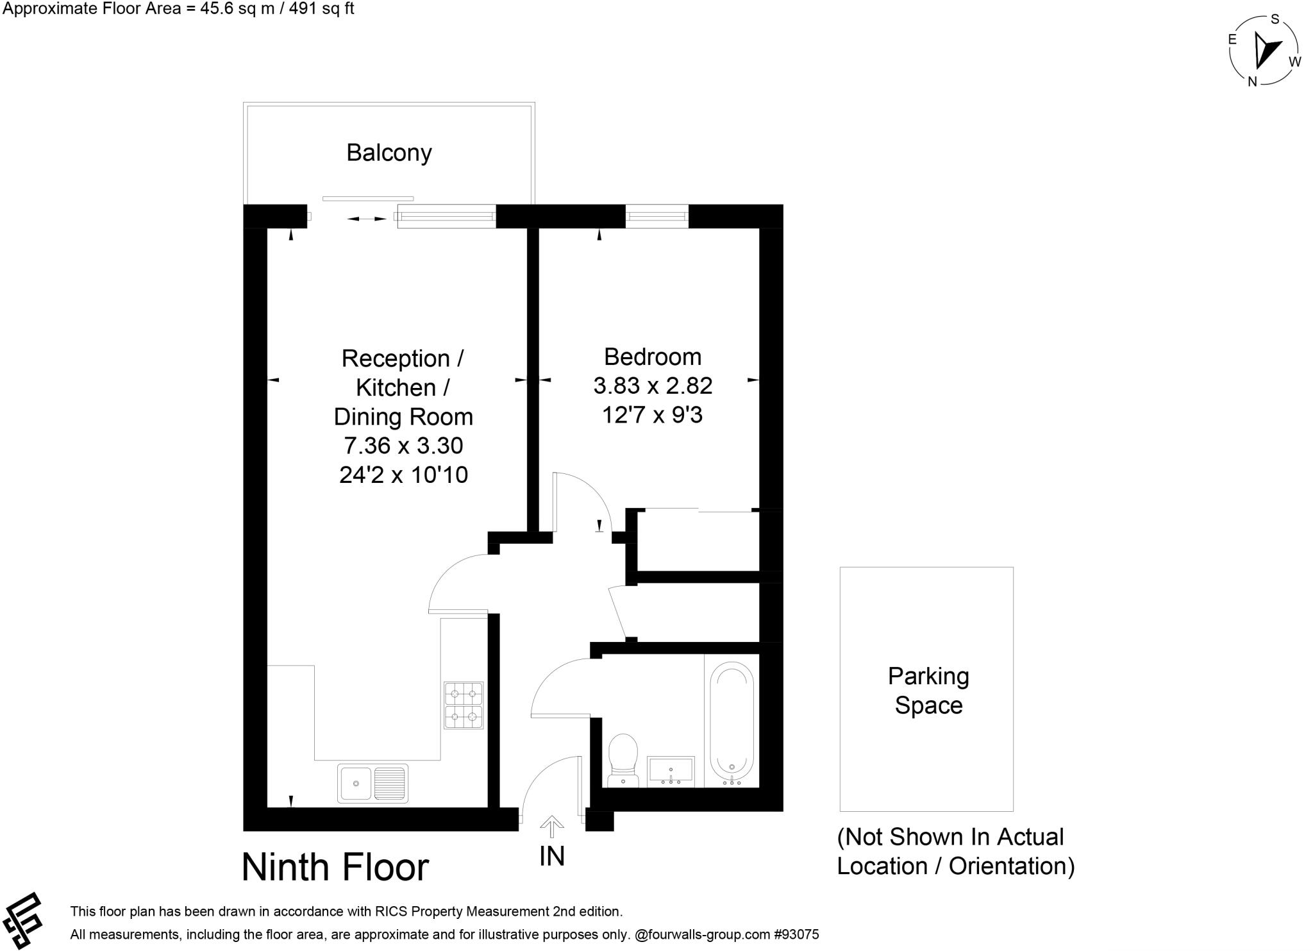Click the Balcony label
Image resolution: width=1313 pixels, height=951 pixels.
click(389, 153)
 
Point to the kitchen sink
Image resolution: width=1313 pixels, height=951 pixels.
click(372, 783)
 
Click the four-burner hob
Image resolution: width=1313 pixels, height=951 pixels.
click(464, 705)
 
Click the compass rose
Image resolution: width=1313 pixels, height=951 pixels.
click(1264, 51)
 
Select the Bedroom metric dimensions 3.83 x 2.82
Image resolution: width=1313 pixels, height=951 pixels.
click(653, 385)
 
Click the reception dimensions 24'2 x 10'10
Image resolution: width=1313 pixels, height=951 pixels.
click(403, 475)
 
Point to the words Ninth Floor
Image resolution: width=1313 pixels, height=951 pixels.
click(335, 867)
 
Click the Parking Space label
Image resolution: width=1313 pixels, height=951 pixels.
click(928, 691)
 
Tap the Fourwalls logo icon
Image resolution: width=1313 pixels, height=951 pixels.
click(23, 920)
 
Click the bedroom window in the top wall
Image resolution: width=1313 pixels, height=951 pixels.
click(656, 216)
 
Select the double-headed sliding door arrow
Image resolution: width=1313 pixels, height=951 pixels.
click(367, 219)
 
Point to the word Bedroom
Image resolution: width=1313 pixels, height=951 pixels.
click(653, 357)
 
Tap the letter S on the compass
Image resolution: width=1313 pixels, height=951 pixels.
click(1275, 19)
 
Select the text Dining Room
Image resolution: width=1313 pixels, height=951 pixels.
click(403, 417)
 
